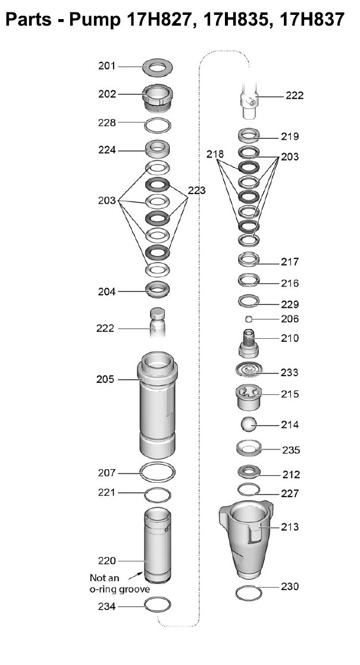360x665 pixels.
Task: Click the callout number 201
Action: point(107,66)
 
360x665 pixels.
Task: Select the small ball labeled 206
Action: point(249,319)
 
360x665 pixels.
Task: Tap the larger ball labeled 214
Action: point(249,424)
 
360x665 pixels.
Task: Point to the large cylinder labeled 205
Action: point(157,405)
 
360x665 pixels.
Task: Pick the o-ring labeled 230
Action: point(249,593)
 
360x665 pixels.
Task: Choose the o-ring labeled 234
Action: point(157,605)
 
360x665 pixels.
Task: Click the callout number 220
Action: point(107,561)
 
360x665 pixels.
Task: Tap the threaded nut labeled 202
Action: point(157,98)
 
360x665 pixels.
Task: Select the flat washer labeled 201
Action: point(157,67)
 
